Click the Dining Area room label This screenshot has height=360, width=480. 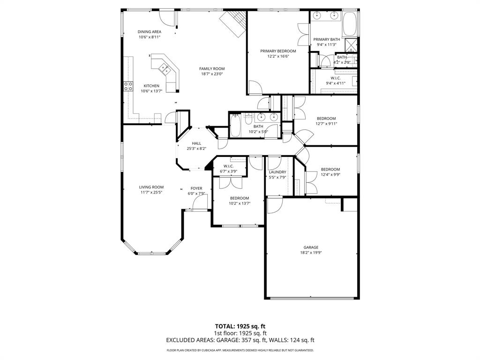pyautogui.click(x=150, y=32)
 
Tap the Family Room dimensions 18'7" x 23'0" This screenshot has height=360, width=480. pyautogui.click(x=212, y=74)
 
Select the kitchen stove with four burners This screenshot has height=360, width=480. pyautogui.click(x=127, y=86)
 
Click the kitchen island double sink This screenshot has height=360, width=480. pyautogui.click(x=165, y=69)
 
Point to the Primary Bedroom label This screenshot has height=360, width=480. pyautogui.click(x=278, y=51)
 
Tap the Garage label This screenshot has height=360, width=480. pyautogui.click(x=311, y=247)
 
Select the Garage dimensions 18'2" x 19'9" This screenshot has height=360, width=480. pyautogui.click(x=311, y=252)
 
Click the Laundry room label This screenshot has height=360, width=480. pyautogui.click(x=277, y=172)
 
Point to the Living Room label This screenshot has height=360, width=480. pyautogui.click(x=151, y=187)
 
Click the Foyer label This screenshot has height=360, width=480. pyautogui.click(x=196, y=188)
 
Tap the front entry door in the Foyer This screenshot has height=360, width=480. pyautogui.click(x=200, y=202)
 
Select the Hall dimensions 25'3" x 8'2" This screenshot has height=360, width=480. pyautogui.click(x=196, y=149)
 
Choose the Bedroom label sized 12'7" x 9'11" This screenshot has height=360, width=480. pyautogui.click(x=326, y=119)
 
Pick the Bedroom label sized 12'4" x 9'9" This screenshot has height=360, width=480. pyautogui.click(x=330, y=169)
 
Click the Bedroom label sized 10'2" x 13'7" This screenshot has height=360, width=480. pyautogui.click(x=239, y=198)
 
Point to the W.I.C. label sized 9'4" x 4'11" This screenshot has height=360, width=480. pyautogui.click(x=336, y=78)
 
